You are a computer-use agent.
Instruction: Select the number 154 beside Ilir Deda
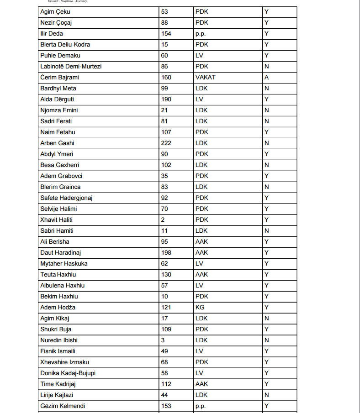coord(167,33)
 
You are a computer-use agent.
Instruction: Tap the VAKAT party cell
coord(205,77)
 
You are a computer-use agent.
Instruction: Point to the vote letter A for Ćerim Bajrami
coord(266,77)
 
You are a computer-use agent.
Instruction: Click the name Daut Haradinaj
coord(60,252)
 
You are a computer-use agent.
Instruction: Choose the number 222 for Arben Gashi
coord(167,143)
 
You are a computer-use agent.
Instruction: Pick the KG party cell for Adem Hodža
coord(200,307)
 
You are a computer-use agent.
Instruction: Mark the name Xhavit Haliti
coord(56,220)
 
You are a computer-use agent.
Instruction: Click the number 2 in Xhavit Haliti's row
coord(163,220)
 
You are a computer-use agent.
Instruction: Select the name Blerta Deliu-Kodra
coord(65,44)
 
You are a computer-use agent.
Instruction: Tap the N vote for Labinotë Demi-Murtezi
coord(266,66)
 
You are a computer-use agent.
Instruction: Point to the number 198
coord(167,252)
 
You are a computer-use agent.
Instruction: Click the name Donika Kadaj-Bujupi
coord(68,373)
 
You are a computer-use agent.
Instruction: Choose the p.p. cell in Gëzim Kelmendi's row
coord(201,406)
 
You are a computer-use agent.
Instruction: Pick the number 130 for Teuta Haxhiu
coord(167,274)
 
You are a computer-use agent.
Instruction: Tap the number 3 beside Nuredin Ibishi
coord(163,340)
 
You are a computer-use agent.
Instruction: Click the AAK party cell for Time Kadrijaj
coord(201,384)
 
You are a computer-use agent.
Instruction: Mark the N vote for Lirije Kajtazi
coord(266,395)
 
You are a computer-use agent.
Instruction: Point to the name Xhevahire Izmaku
coord(64,362)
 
